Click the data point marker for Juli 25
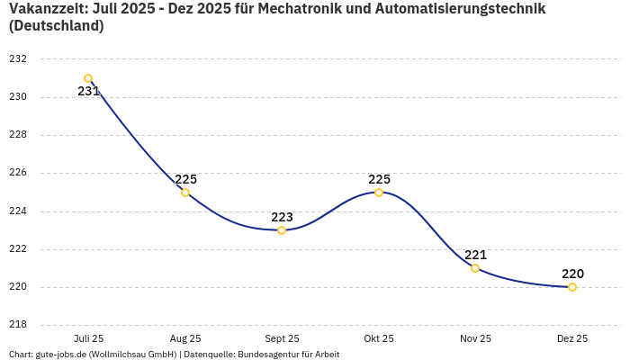click(88, 78)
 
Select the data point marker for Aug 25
click(185, 193)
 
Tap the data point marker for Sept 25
click(282, 230)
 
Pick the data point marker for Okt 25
click(379, 193)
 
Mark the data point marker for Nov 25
click(475, 268)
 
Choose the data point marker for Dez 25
click(572, 287)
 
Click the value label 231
click(88, 91)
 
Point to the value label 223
click(282, 217)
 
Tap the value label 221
click(475, 255)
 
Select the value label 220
click(572, 274)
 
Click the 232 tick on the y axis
click(18, 59)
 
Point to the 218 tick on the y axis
click(18, 325)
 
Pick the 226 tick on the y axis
click(18, 173)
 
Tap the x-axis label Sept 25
click(282, 338)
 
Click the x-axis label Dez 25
click(572, 338)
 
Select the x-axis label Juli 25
click(88, 338)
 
